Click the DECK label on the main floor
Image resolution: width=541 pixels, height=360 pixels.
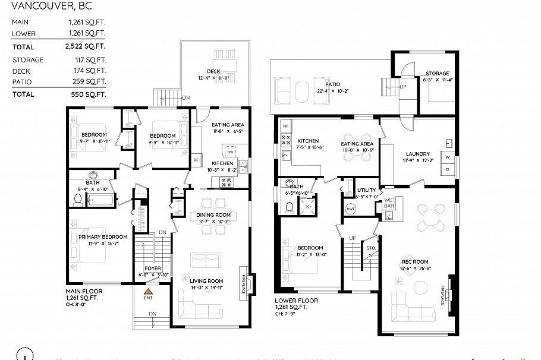coord(213,71)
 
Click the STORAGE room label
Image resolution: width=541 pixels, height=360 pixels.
coord(436,74)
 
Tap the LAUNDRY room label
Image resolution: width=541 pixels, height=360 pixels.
coord(418,154)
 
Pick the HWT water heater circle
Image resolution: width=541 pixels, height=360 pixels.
coord(351,209)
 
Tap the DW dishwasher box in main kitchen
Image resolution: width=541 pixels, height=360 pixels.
coord(230,152)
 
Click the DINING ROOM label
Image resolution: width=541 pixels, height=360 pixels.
coord(213,215)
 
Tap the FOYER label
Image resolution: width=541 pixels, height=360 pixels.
coord(153,268)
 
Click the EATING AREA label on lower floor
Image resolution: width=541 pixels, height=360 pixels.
coord(357,144)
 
